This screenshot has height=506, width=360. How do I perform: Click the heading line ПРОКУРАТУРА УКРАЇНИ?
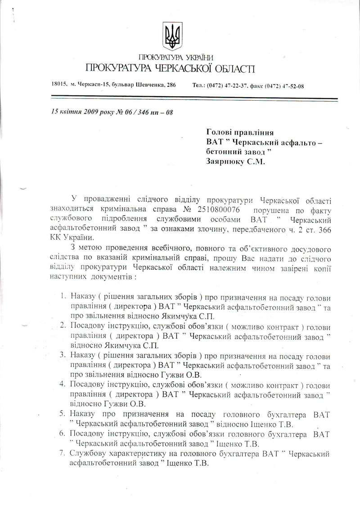click(176, 57)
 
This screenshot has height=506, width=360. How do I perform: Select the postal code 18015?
click(59, 85)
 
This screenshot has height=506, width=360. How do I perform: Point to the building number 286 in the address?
click(170, 85)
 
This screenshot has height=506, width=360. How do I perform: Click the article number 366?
click(320, 230)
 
